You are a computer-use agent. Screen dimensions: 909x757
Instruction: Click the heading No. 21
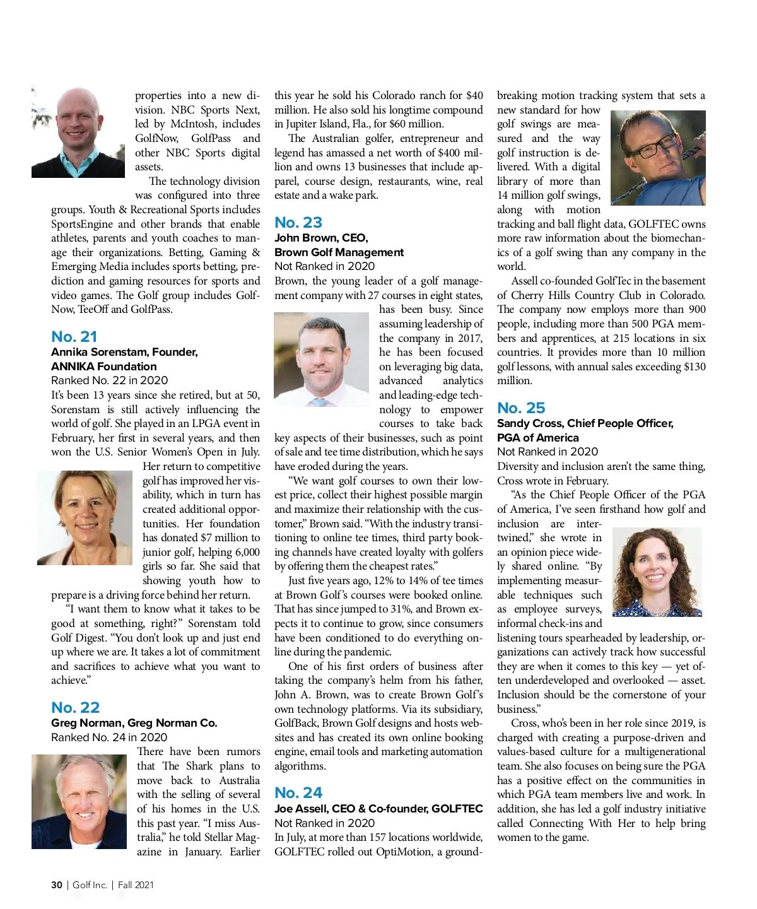pos(74,336)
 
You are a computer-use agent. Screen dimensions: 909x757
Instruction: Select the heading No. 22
pos(76,707)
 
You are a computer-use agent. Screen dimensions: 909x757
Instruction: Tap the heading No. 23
pos(298,222)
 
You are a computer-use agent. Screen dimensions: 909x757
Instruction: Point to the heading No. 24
pos(298,792)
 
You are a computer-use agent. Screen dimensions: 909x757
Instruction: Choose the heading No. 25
pos(521,408)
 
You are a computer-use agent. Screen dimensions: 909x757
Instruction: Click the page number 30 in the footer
pos(57,885)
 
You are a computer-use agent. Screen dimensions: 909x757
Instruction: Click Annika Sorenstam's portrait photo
pos(85,517)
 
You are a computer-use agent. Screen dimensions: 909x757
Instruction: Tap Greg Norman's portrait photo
pos(79,801)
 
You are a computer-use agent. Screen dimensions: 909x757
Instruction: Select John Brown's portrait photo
pos(321,359)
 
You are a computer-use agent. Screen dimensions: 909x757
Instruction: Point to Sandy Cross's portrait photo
pos(657,572)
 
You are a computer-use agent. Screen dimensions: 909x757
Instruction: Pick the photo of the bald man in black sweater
pos(78,132)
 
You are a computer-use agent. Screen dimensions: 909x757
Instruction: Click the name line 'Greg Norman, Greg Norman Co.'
pos(134,723)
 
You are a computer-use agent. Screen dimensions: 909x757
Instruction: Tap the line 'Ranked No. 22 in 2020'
pos(109,380)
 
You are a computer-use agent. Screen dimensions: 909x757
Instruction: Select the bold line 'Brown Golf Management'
pos(339,252)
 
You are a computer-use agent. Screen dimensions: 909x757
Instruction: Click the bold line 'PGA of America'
pos(537,437)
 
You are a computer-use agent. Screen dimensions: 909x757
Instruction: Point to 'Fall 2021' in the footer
pos(136,885)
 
